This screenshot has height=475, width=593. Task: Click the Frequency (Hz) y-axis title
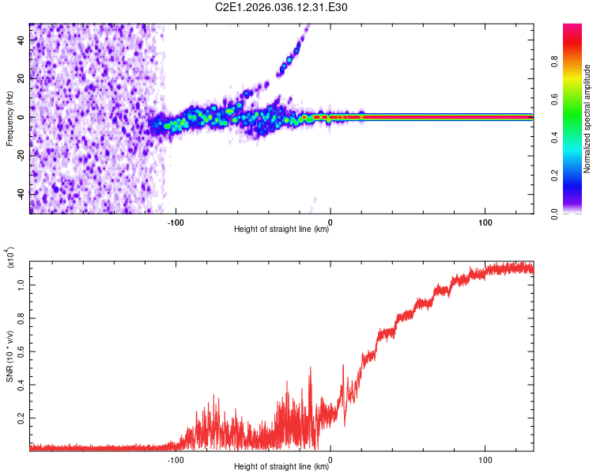[9, 119]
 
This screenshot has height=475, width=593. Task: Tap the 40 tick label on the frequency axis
[21, 40]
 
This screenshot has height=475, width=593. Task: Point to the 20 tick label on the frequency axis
[21, 78]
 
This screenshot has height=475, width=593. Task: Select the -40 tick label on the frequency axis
[20, 194]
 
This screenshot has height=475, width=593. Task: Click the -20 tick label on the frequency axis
[20, 155]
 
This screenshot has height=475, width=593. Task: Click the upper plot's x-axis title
[281, 230]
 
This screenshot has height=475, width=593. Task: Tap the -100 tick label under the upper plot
[176, 221]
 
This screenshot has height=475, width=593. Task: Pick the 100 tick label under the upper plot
[485, 221]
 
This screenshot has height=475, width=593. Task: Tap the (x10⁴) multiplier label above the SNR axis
[11, 258]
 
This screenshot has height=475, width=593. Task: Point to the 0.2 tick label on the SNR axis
[21, 416]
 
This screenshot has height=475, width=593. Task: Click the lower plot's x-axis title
[281, 467]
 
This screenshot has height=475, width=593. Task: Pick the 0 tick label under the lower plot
[330, 458]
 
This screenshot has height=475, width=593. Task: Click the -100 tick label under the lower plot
[176, 458]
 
